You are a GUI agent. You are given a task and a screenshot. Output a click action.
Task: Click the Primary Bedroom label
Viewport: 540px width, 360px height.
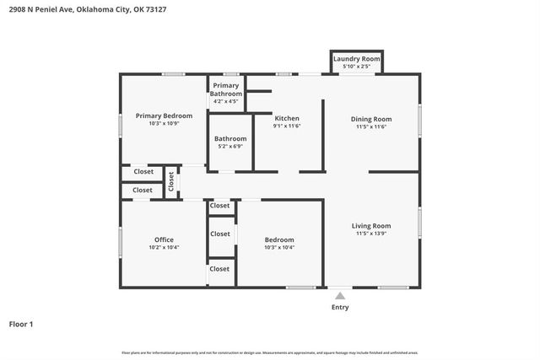164,116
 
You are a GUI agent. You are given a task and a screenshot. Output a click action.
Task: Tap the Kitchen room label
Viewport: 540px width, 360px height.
287,119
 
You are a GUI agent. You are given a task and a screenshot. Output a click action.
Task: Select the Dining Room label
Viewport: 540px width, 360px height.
371,119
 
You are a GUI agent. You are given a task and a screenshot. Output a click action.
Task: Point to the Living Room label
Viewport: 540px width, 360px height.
371,225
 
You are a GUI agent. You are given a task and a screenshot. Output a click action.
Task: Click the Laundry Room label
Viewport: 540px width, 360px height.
356,59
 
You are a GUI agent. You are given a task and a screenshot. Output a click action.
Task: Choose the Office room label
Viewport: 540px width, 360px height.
164,239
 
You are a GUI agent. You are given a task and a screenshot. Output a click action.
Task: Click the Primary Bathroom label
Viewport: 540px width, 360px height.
226,89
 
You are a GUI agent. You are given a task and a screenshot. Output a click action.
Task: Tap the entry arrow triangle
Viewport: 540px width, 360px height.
339,296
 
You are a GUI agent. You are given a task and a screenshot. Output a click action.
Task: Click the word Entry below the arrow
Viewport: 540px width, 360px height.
339,308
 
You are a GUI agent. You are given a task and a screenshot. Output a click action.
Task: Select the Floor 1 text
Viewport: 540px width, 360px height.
21,324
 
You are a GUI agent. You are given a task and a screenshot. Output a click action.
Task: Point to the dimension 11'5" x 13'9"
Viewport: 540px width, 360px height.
371,234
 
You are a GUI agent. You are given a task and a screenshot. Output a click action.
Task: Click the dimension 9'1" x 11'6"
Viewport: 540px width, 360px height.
287,126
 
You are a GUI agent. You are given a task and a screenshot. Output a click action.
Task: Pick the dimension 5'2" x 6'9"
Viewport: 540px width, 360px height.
230,146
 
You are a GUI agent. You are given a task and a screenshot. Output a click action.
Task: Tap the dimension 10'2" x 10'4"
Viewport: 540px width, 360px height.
164,248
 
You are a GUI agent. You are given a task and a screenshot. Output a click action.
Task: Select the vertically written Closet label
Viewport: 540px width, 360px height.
170,180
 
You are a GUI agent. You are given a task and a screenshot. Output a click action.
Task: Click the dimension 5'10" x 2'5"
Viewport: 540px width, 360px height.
356,66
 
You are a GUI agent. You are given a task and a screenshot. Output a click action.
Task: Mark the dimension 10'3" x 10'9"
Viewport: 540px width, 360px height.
164,123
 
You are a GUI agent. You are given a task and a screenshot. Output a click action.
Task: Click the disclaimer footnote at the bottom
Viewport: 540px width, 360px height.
269,352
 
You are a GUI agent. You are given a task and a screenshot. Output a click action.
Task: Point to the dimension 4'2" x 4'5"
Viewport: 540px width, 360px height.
226,101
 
